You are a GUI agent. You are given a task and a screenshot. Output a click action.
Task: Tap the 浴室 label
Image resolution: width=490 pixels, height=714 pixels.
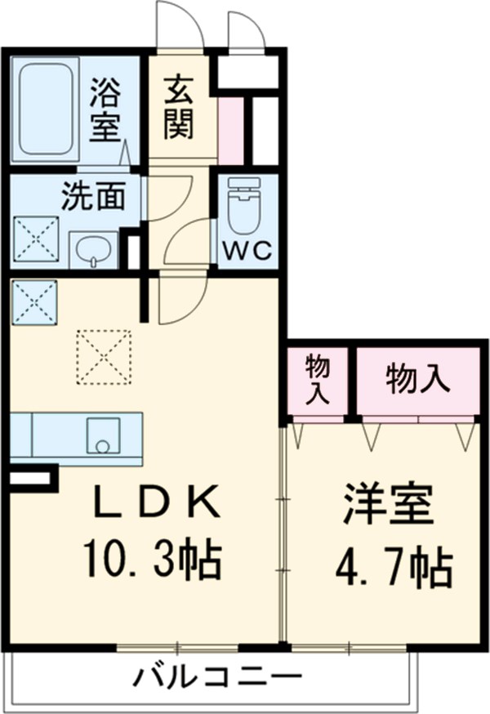(x=105, y=109)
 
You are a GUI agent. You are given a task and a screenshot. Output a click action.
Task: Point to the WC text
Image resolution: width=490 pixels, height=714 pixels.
(x=247, y=252)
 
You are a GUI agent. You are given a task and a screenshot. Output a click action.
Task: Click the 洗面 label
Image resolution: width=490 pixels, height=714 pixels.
(x=93, y=196)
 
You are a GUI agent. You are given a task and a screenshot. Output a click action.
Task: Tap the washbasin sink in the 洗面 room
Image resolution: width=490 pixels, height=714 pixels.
(x=94, y=249)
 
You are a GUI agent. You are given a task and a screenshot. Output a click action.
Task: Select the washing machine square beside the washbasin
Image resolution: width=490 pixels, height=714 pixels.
(x=35, y=239)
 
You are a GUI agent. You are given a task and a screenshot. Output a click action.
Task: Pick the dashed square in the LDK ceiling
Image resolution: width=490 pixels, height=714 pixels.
(x=104, y=355)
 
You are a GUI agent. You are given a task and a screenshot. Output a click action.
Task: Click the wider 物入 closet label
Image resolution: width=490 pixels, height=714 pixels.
(x=417, y=379)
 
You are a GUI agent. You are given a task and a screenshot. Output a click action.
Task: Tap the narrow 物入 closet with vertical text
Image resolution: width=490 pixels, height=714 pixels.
(x=318, y=379)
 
